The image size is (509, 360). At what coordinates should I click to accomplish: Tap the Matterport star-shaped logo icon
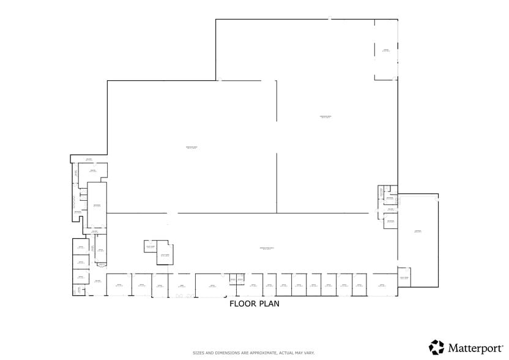click(436, 347)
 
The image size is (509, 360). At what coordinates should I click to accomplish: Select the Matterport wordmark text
click(475, 348)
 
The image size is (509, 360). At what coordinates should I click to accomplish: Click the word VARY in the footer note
click(308, 353)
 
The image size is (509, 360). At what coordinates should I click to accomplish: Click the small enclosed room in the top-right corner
click(386, 51)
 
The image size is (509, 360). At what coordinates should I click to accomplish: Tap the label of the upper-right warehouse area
click(325, 117)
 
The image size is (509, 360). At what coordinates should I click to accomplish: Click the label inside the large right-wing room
click(418, 231)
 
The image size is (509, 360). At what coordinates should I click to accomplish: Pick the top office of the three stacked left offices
click(80, 248)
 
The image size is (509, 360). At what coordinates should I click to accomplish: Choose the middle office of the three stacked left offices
click(80, 262)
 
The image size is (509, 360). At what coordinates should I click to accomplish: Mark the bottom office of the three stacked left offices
click(80, 277)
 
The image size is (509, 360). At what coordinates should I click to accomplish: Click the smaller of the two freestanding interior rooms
click(150, 246)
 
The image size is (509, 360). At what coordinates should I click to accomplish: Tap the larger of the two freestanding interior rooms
click(165, 255)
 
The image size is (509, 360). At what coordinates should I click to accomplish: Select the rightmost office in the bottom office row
click(382, 285)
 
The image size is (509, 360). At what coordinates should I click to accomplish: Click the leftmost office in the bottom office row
click(119, 285)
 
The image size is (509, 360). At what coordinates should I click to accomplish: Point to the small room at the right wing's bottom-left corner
click(404, 277)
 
